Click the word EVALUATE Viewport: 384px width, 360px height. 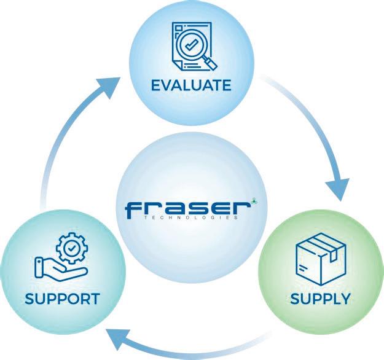(192, 84)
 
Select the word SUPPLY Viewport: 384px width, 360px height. (321, 300)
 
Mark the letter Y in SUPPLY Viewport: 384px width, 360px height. (344, 300)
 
